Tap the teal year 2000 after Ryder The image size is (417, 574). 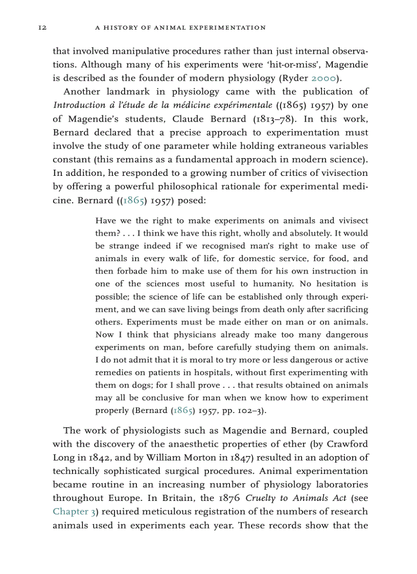[x=322, y=78]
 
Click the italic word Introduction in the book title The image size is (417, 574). [x=77, y=105]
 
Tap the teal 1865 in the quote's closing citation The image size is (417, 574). [x=182, y=410]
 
